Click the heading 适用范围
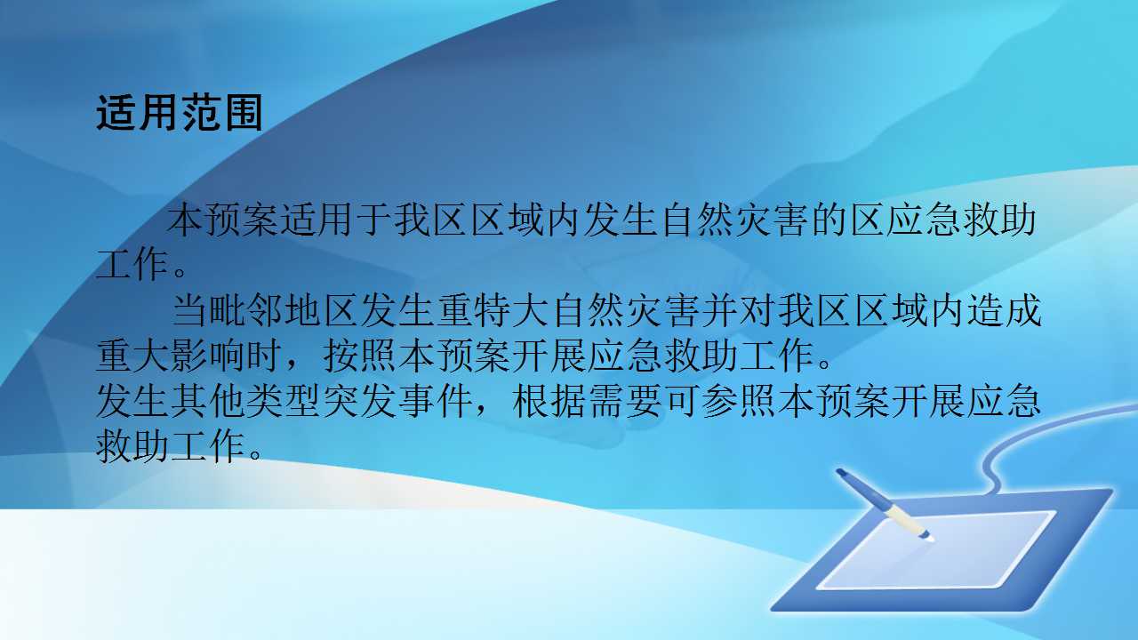tap(179, 113)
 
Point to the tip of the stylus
tap(928, 538)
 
